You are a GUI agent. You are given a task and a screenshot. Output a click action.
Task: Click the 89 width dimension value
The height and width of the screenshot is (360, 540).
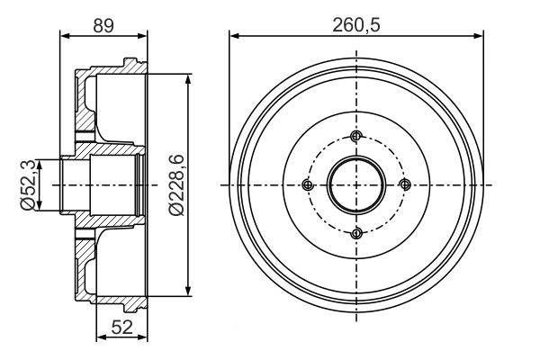103,25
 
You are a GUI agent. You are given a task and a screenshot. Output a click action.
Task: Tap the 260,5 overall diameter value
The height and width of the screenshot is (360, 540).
356,25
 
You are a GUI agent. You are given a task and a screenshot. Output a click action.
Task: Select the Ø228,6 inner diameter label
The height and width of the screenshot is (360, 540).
176,185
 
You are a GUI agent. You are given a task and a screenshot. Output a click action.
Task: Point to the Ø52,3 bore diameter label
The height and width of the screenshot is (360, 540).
28,185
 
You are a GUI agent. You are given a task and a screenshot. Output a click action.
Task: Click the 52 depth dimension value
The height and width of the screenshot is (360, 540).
122,327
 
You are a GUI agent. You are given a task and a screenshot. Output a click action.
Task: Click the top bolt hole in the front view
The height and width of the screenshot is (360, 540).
356,136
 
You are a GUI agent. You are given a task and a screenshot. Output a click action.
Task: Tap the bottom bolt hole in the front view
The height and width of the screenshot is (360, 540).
356,234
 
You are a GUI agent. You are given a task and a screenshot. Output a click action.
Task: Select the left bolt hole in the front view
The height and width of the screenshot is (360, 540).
308,185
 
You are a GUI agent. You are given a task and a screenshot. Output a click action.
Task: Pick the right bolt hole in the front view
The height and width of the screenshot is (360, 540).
405,184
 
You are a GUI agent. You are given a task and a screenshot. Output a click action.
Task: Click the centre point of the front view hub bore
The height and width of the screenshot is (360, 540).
356,185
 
